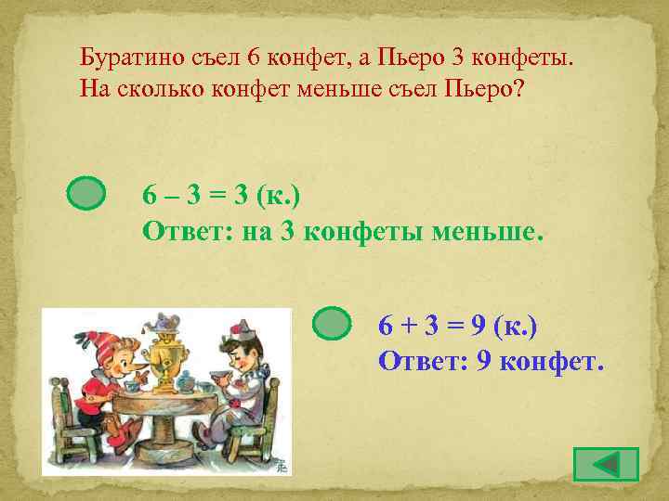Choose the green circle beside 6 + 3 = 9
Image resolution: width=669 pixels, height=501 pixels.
coord(331,324)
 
